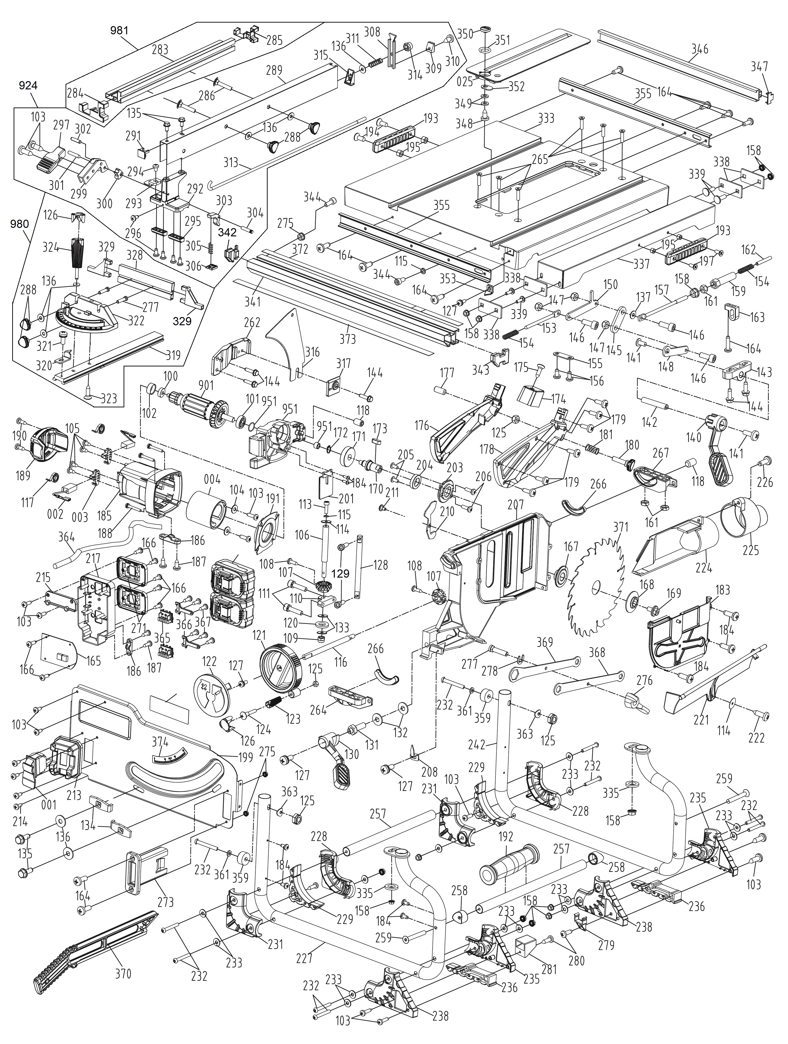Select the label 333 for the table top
(546, 118)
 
